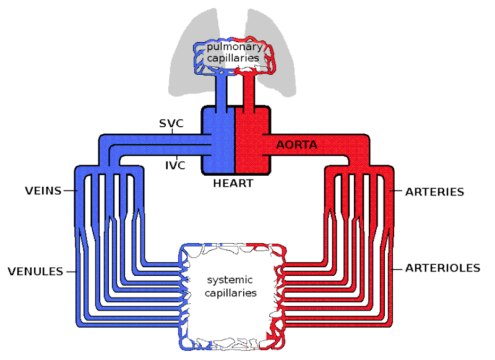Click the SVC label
171,122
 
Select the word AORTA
297,146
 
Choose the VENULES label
35,271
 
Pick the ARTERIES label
434,192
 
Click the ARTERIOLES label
442,268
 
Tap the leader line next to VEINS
69,191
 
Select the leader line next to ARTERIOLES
398,268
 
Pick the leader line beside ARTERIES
398,192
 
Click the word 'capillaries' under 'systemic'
230,293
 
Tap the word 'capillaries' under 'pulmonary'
233,59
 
